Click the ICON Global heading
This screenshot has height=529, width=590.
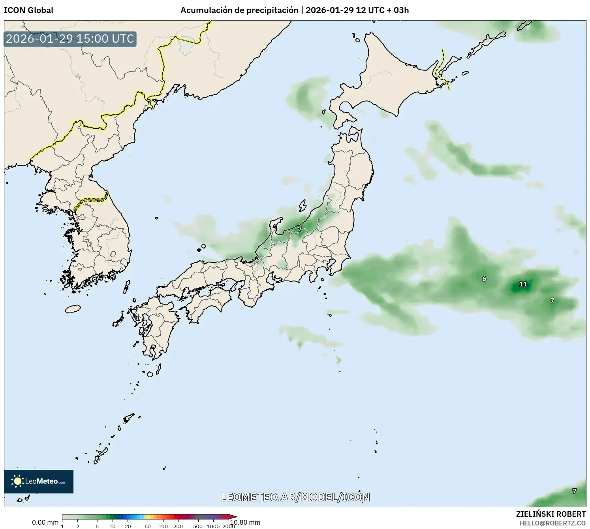(x=28, y=10)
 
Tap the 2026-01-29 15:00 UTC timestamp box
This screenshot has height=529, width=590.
(x=70, y=39)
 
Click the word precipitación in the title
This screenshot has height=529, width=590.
(x=272, y=10)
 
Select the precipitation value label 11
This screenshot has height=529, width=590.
(x=523, y=284)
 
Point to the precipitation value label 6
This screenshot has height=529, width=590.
(x=484, y=279)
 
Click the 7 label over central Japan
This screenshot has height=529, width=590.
(x=300, y=229)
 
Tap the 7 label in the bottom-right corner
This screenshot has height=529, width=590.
(x=574, y=491)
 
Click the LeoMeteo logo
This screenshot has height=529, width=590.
(x=39, y=481)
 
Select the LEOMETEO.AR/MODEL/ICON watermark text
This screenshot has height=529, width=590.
(x=295, y=497)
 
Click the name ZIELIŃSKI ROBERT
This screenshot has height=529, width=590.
(x=551, y=514)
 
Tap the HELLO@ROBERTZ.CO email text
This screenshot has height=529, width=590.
(x=552, y=523)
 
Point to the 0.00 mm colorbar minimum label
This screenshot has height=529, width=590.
(x=45, y=522)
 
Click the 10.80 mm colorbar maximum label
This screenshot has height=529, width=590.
(x=246, y=522)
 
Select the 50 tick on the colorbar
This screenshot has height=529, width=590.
(x=148, y=526)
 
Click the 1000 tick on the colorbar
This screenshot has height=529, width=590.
(x=213, y=526)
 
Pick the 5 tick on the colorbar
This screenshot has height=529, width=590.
(x=97, y=526)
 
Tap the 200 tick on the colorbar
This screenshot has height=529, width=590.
(x=178, y=526)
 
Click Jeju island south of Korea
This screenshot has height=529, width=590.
(x=73, y=309)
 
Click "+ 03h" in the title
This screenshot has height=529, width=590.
(x=398, y=10)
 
